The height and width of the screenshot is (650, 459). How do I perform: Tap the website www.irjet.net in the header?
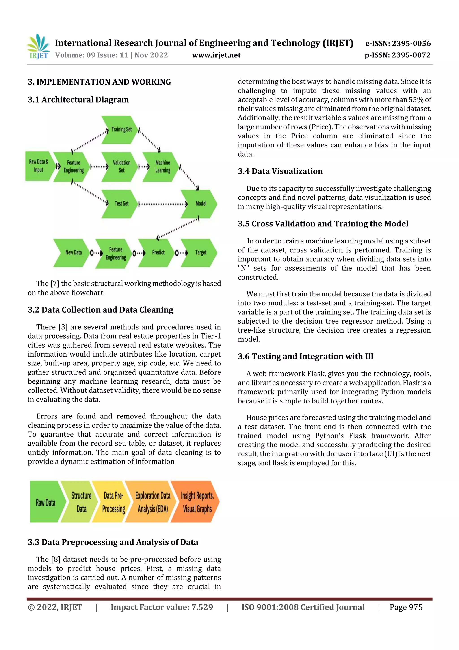[216, 55]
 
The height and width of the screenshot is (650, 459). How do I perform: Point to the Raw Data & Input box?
[39, 166]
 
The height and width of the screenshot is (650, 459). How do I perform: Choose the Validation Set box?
[121, 166]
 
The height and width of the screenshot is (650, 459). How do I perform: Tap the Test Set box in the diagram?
[121, 204]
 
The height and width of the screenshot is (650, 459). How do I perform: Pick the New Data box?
[73, 252]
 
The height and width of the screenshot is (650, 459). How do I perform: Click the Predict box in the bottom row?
[158, 252]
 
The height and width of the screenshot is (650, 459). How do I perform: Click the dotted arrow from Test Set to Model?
[163, 204]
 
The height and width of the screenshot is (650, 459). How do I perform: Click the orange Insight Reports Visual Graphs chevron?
[197, 502]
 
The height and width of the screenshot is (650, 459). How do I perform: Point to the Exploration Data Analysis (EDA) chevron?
[152, 502]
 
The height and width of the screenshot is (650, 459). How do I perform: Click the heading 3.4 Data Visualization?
[280, 171]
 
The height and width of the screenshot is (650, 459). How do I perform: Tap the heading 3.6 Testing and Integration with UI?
[305, 357]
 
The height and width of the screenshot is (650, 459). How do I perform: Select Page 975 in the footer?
[406, 607]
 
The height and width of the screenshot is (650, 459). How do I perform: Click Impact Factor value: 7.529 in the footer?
[162, 607]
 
